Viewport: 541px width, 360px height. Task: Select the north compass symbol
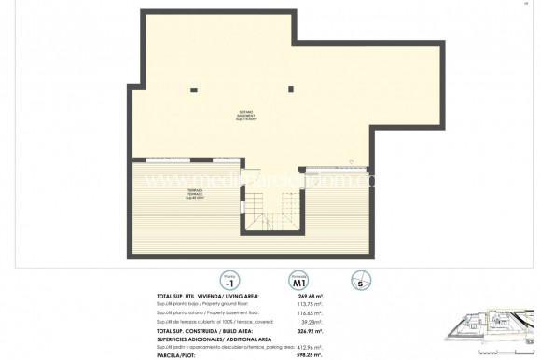[359, 280]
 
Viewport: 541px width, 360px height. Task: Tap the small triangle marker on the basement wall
[350, 161]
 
